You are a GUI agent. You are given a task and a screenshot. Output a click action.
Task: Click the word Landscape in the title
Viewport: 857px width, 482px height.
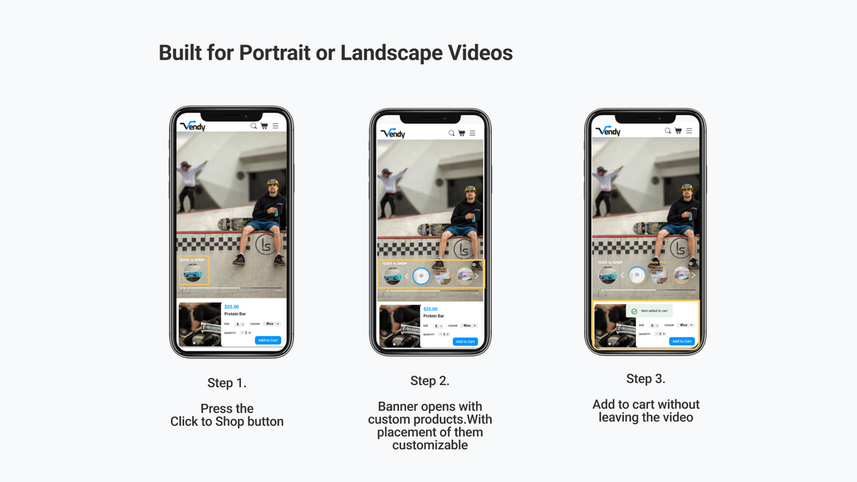click(389, 53)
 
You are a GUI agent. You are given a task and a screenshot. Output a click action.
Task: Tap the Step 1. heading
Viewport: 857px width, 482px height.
click(227, 383)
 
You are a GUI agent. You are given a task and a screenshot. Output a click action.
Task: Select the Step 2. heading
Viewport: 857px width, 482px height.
click(430, 381)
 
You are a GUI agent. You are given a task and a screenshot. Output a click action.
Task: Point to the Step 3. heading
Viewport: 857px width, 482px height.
click(645, 379)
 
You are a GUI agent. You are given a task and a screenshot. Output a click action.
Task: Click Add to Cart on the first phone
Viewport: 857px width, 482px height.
click(267, 340)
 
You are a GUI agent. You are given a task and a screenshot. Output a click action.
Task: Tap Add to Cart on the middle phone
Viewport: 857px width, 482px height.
click(465, 341)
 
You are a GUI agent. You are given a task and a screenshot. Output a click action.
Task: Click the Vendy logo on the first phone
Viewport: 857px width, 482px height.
click(193, 126)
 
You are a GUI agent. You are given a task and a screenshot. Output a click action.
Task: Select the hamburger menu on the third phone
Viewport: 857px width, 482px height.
click(688, 131)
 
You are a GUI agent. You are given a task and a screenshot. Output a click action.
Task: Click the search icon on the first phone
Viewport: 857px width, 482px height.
click(254, 126)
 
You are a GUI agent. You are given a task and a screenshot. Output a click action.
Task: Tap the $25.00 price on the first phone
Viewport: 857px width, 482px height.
click(232, 307)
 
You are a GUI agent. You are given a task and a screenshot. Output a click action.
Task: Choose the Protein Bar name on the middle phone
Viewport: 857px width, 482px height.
click(433, 316)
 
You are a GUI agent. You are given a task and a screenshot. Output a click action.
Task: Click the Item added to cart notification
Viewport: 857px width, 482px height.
click(649, 311)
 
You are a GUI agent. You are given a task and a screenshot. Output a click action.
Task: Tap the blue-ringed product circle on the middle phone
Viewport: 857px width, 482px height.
click(420, 276)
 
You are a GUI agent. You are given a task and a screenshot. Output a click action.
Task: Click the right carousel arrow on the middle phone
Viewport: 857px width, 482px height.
click(477, 276)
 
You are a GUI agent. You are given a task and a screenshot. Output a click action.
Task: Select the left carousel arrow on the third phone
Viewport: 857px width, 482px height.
click(622, 275)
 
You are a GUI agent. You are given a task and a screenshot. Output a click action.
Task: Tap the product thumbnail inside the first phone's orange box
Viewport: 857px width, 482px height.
click(193, 272)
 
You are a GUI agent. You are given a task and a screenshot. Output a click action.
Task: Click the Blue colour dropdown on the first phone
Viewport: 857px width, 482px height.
click(272, 324)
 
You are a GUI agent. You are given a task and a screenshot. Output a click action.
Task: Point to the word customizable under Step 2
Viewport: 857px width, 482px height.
click(430, 445)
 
